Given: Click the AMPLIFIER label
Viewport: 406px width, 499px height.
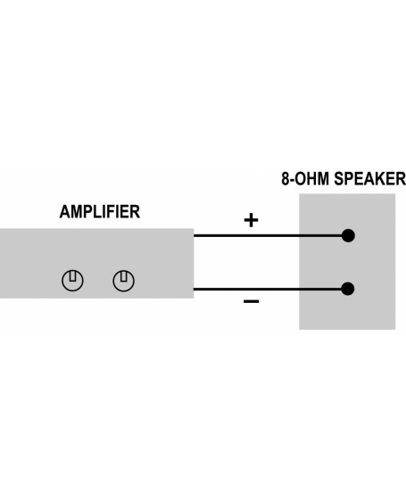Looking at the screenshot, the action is pyautogui.click(x=100, y=212).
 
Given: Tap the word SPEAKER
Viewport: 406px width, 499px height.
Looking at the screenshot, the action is pyautogui.click(x=369, y=178).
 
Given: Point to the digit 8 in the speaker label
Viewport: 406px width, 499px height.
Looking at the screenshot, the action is pyautogui.click(x=286, y=178).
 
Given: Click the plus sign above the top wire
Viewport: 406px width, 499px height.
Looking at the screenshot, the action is pyautogui.click(x=251, y=220).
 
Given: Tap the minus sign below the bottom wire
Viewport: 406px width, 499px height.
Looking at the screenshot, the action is pyautogui.click(x=251, y=301).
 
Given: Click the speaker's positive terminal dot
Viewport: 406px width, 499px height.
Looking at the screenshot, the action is pyautogui.click(x=348, y=235).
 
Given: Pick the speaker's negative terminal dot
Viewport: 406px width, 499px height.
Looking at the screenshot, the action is pyautogui.click(x=348, y=289).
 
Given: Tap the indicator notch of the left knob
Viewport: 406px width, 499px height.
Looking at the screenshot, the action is pyautogui.click(x=72, y=276).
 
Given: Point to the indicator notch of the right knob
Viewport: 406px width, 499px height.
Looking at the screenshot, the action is pyautogui.click(x=124, y=276).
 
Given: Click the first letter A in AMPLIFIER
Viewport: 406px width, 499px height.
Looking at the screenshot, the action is pyautogui.click(x=63, y=212).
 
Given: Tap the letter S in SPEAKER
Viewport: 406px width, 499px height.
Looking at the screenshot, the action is pyautogui.click(x=338, y=178).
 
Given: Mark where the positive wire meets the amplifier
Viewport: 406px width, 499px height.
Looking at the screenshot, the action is pyautogui.click(x=194, y=235).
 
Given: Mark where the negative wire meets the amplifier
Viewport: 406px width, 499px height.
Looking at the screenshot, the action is pyautogui.click(x=194, y=289).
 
